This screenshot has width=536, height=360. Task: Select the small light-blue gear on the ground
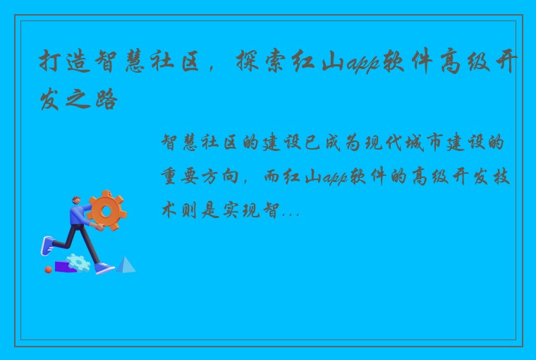coord(79,262)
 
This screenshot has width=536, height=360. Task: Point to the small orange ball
coord(49,269)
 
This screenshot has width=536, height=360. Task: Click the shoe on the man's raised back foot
coord(47,246)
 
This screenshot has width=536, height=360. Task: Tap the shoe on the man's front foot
coord(104,268)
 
